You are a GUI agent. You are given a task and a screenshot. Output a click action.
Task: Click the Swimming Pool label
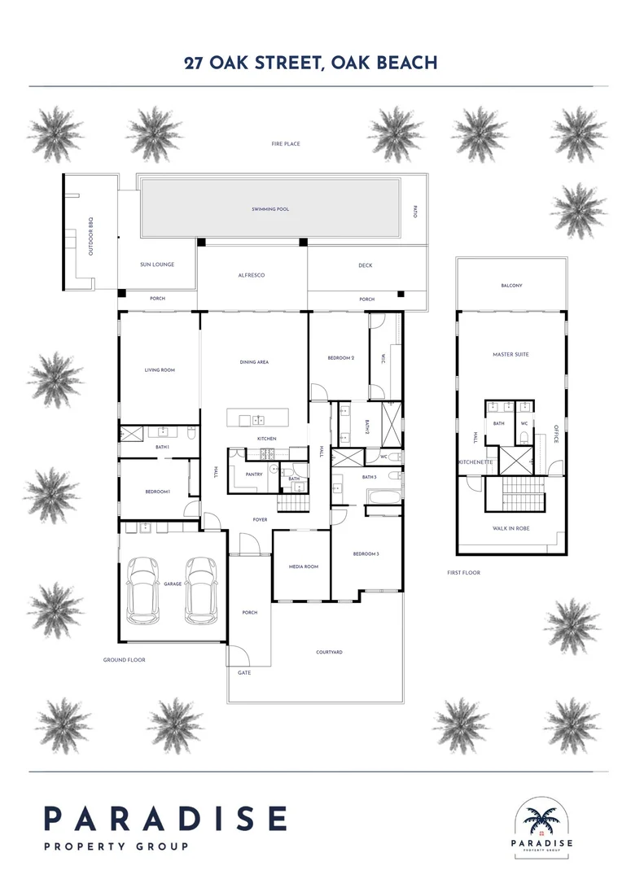[271, 209]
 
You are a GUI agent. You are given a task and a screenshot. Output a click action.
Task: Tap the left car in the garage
[144, 588]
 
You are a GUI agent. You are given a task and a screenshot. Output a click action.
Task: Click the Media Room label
[304, 566]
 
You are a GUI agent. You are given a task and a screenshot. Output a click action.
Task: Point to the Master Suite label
[510, 354]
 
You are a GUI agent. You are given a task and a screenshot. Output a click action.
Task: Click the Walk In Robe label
[510, 528]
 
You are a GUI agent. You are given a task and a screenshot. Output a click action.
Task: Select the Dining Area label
[254, 361]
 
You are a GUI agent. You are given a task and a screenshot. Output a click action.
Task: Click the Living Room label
[160, 370]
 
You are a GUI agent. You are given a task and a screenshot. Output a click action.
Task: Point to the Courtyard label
[329, 652]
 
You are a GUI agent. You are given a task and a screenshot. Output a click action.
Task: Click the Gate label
[243, 673]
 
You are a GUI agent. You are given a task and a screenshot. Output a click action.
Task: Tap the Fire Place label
[286, 144]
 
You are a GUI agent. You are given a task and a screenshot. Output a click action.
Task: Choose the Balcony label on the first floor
[511, 286]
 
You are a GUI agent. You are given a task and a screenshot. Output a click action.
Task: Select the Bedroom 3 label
[366, 553]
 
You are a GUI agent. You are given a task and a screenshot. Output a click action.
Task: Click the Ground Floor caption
[124, 660]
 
